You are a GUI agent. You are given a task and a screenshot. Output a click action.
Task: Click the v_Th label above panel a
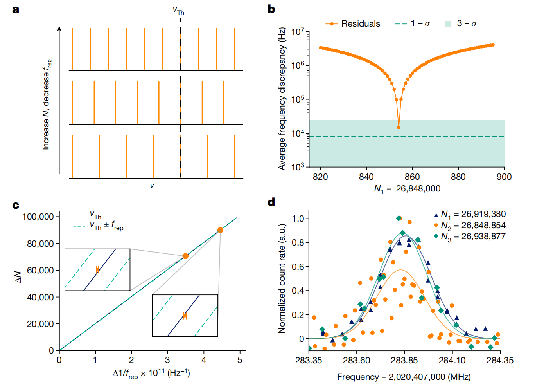pos(178,11)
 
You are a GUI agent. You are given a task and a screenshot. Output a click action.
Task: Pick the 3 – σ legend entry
pos(461,24)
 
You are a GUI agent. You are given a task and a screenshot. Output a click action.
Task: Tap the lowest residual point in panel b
pos(399,127)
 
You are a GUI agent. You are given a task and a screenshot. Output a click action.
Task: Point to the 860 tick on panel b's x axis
pos(412,177)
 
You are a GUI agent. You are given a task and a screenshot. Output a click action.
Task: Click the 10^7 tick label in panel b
pos(298,32)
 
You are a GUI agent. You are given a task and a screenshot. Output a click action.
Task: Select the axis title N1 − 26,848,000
pos(407,189)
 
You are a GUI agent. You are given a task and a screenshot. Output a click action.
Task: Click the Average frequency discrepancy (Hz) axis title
pos(282,99)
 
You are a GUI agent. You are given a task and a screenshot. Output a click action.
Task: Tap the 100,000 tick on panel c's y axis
pos(38,217)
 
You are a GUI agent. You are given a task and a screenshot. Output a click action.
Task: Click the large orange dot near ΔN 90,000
pos(220,230)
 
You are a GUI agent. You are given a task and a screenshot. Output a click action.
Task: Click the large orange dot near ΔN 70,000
pos(185,256)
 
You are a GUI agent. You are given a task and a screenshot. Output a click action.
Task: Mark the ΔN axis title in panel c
pos(18,277)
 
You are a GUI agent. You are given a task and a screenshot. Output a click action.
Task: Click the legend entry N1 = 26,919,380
pos(469,214)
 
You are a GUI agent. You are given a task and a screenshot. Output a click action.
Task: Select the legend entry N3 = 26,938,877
pos(469,237)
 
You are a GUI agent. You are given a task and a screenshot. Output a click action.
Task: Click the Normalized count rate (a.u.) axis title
pos(282,278)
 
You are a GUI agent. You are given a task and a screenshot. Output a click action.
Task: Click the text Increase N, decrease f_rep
pos(47,104)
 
